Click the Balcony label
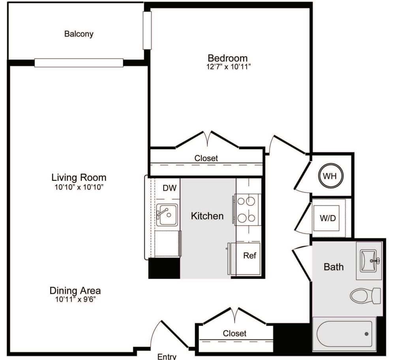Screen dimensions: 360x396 point(79,34)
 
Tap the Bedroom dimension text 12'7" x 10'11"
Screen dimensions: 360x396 point(228,67)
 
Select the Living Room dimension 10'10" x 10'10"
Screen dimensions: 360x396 point(79,187)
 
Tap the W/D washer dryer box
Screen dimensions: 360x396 point(328,217)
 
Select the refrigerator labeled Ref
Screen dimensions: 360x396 point(249,256)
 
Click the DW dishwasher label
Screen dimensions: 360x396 point(169,188)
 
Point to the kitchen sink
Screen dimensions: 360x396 point(167,214)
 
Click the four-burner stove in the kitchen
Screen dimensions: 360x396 point(248,209)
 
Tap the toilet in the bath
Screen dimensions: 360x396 point(365,296)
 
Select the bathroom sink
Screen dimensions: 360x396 point(369,261)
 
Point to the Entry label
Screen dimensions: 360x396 point(167,356)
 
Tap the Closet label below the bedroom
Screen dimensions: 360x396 point(206,158)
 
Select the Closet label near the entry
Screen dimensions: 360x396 point(235,334)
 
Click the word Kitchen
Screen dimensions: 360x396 point(207,216)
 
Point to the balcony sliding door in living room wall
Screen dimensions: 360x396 point(79,63)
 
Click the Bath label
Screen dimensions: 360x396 point(333,267)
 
